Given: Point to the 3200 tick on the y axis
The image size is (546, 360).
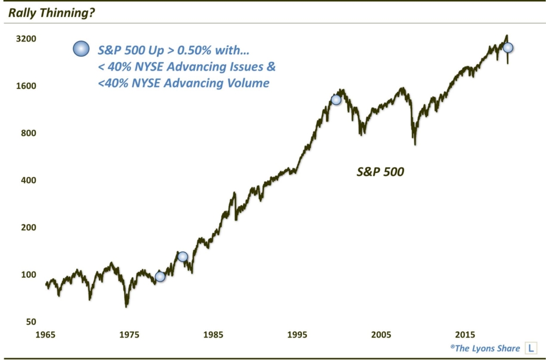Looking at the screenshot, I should tap(26, 39).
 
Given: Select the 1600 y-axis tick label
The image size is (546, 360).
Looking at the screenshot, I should tap(26, 86).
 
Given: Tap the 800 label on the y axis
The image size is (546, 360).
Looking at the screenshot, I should tap(29, 133).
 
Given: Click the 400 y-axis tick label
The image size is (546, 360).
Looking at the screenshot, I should tap(29, 180).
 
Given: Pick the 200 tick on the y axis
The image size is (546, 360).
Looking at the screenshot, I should tap(29, 227).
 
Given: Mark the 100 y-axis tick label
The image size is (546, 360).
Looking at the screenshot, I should tap(29, 275).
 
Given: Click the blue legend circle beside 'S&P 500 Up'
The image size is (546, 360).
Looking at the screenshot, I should tap(80, 49).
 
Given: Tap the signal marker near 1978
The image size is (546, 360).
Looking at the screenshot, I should tap(160, 276).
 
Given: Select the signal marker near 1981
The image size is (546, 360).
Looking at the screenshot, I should tap(182, 257).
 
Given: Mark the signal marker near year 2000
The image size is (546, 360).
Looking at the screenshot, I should tap(336, 100).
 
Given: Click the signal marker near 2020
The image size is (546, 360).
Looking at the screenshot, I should tap(508, 47).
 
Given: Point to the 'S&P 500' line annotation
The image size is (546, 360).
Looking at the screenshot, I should tap(381, 172).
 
